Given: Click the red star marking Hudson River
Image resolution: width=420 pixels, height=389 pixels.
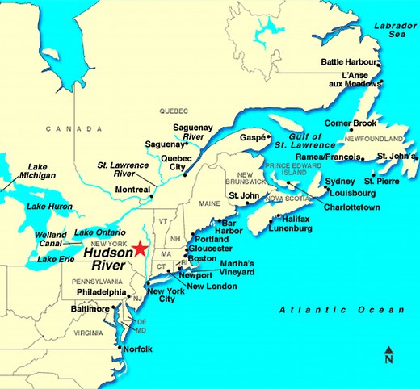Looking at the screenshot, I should tap(142, 249).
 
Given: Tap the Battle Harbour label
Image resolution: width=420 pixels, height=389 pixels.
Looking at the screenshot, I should tap(348, 62).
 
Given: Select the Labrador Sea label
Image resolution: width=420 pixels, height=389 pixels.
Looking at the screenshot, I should tap(393, 31).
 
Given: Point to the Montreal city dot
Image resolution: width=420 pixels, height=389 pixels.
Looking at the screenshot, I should tap(151, 195).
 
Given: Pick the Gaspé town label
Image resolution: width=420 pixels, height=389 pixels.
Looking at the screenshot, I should tap(250, 138).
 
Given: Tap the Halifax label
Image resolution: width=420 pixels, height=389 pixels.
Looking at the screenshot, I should tap(297, 219).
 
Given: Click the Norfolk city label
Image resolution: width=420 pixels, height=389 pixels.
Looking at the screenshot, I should tap(138, 349).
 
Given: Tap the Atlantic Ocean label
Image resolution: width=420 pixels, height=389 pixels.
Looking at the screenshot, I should tap(341, 310).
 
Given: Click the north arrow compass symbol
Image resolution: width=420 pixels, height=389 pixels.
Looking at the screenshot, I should tap(388, 354).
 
